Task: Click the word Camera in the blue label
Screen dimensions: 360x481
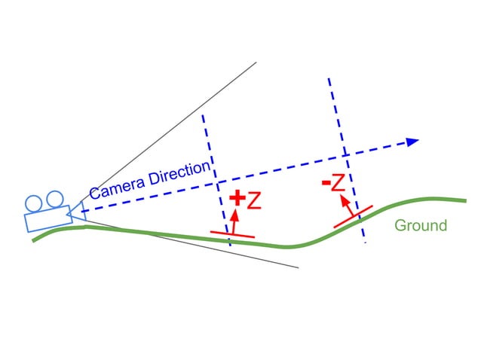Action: click(x=114, y=187)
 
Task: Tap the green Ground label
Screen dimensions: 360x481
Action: click(x=421, y=225)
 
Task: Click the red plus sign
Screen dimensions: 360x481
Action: click(x=237, y=199)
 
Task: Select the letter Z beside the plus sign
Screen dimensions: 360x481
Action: click(x=254, y=200)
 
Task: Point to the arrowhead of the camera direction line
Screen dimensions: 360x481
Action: click(x=412, y=141)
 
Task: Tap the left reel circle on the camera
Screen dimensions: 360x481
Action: click(x=33, y=203)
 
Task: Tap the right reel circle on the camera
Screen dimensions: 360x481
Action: click(x=54, y=200)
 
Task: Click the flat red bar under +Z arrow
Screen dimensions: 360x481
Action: click(x=232, y=234)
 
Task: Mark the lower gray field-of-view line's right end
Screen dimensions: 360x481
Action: click(x=298, y=267)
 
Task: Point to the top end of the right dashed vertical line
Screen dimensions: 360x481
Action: click(x=329, y=78)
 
